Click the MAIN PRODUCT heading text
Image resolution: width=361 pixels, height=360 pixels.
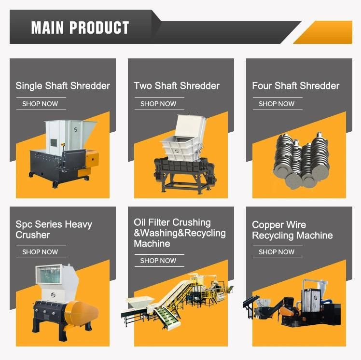80,28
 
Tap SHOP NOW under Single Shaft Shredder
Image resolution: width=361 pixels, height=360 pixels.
40,104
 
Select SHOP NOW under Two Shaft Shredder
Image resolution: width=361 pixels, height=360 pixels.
158,104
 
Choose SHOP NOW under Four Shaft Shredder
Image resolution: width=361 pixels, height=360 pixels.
277,104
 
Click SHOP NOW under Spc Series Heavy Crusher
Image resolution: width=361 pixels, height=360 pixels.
40,252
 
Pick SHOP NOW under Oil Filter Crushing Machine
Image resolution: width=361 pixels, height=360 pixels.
158,261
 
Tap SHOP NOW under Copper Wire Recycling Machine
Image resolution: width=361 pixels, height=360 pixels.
277,252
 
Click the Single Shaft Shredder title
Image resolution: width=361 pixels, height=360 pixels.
63,86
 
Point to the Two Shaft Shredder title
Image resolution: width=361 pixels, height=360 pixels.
177,86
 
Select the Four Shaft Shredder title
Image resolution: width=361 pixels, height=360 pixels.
296,86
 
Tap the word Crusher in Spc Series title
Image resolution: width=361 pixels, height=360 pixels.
33,235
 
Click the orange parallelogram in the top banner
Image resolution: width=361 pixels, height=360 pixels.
323,32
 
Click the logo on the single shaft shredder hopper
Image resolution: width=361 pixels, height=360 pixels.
76,129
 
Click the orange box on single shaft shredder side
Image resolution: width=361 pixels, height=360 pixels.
93,159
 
